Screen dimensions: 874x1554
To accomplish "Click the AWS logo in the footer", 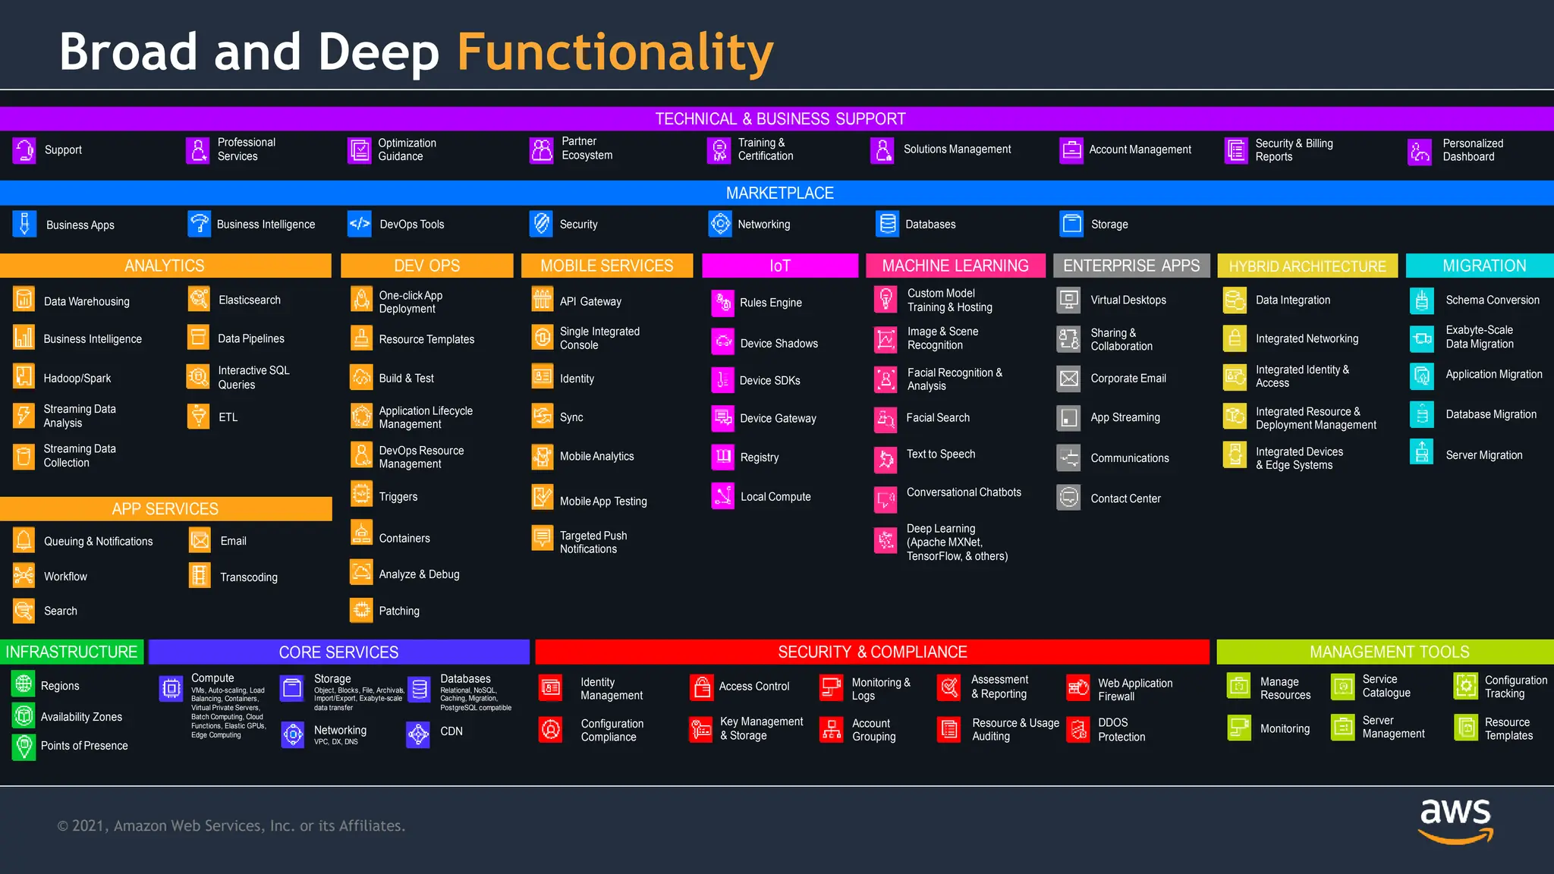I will coord(1455,819).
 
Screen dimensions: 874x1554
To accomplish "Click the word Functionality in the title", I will coord(615,52).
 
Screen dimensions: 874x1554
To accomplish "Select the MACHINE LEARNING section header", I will coord(955,266).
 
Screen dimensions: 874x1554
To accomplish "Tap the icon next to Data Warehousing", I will coord(24,300).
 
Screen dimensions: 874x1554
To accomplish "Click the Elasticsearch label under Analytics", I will coord(249,300).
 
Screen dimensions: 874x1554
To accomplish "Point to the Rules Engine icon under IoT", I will coord(722,302).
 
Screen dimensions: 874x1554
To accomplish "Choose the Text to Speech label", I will coord(940,454).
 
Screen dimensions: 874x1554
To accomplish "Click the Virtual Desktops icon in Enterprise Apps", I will coord(1068,300).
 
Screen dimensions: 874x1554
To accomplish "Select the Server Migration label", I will coord(1483,455).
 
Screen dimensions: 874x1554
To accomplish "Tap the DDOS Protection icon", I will coord(1077,729).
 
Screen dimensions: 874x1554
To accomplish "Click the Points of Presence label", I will coord(84,746).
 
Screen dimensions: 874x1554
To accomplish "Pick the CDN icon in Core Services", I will coord(418,733).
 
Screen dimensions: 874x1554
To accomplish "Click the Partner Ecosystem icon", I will coord(541,149).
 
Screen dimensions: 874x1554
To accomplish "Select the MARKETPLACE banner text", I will coord(779,193).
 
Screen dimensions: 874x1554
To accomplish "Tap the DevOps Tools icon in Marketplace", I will coord(359,224).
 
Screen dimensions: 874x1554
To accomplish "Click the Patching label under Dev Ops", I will coord(398,611).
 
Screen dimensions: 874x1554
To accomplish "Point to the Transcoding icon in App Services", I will coord(199,576).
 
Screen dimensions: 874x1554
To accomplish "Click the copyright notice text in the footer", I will coord(231,825).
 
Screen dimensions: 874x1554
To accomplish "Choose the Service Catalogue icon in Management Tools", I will coord(1343,687).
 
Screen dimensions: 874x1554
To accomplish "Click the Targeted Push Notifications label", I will coord(593,542).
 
